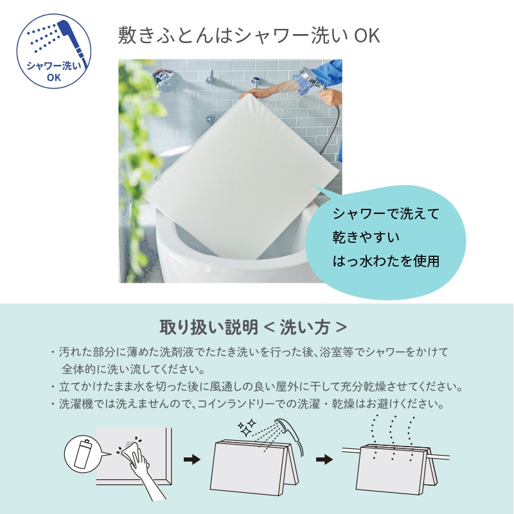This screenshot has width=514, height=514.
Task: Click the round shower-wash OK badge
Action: click(x=54, y=51)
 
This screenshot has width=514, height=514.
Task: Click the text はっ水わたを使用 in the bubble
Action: click(x=386, y=261)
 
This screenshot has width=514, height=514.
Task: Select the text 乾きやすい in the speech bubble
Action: click(x=366, y=237)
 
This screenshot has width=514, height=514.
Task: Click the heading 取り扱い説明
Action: click(x=209, y=327)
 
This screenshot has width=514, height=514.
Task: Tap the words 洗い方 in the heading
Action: click(x=305, y=327)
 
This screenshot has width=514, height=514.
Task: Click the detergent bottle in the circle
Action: click(x=82, y=454)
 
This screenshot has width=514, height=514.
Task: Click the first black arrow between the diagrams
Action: click(x=191, y=459)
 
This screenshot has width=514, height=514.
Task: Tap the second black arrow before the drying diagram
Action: click(x=324, y=459)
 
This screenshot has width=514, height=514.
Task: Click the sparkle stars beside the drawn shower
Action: click(x=247, y=427)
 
